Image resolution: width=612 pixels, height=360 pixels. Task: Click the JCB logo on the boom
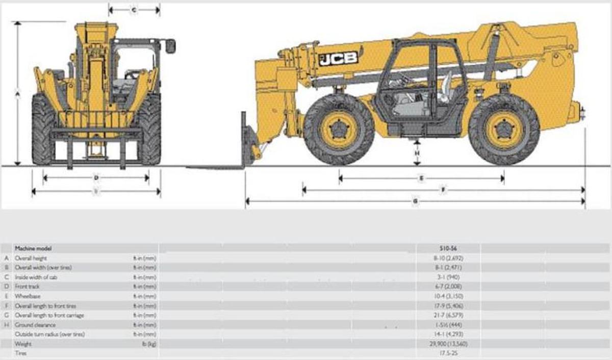click(x=339, y=58)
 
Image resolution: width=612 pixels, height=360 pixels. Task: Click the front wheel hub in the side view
click(x=338, y=130)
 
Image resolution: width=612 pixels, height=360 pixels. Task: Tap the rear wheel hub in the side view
click(x=503, y=130)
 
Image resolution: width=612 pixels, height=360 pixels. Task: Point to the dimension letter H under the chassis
click(x=417, y=152)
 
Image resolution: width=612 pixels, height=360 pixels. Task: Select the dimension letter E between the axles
click(x=421, y=178)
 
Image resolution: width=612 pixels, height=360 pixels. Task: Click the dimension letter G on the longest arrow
click(x=416, y=202)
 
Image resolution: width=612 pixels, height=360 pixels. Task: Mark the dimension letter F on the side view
click(x=443, y=190)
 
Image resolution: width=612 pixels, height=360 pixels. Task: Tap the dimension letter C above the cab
click(x=134, y=10)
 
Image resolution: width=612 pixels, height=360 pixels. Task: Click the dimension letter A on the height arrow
click(x=17, y=94)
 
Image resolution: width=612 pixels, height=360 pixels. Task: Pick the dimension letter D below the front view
click(x=96, y=178)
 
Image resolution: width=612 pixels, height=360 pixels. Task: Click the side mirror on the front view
click(x=170, y=46)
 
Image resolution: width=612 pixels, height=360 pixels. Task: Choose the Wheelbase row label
click(x=28, y=296)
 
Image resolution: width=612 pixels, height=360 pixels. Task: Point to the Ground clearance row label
click(x=35, y=325)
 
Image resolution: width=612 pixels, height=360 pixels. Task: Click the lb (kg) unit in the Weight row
click(x=148, y=344)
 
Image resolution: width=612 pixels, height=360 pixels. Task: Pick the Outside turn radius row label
click(x=49, y=334)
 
